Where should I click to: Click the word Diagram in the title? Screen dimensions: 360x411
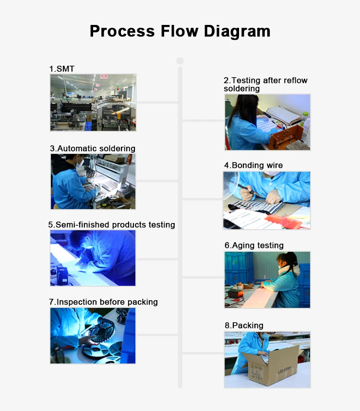coord(237,32)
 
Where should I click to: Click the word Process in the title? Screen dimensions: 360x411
coord(122,31)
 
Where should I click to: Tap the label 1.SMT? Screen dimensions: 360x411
coord(62,69)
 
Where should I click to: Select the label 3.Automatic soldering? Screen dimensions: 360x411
coord(93,148)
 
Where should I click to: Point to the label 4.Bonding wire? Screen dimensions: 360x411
coord(253,165)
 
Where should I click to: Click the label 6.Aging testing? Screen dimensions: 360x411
coord(254,246)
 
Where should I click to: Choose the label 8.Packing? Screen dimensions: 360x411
coord(244,326)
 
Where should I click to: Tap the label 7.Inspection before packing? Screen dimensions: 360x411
coord(103,302)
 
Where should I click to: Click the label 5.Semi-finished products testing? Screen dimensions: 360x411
coord(111,224)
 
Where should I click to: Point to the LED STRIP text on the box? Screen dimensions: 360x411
coord(284,368)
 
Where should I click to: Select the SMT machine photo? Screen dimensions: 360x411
coord(93,103)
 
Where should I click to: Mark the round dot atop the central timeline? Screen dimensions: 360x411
coord(180,61)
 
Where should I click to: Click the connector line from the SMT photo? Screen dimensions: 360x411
coord(157,102)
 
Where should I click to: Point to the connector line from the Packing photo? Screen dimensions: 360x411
coord(203,353)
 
